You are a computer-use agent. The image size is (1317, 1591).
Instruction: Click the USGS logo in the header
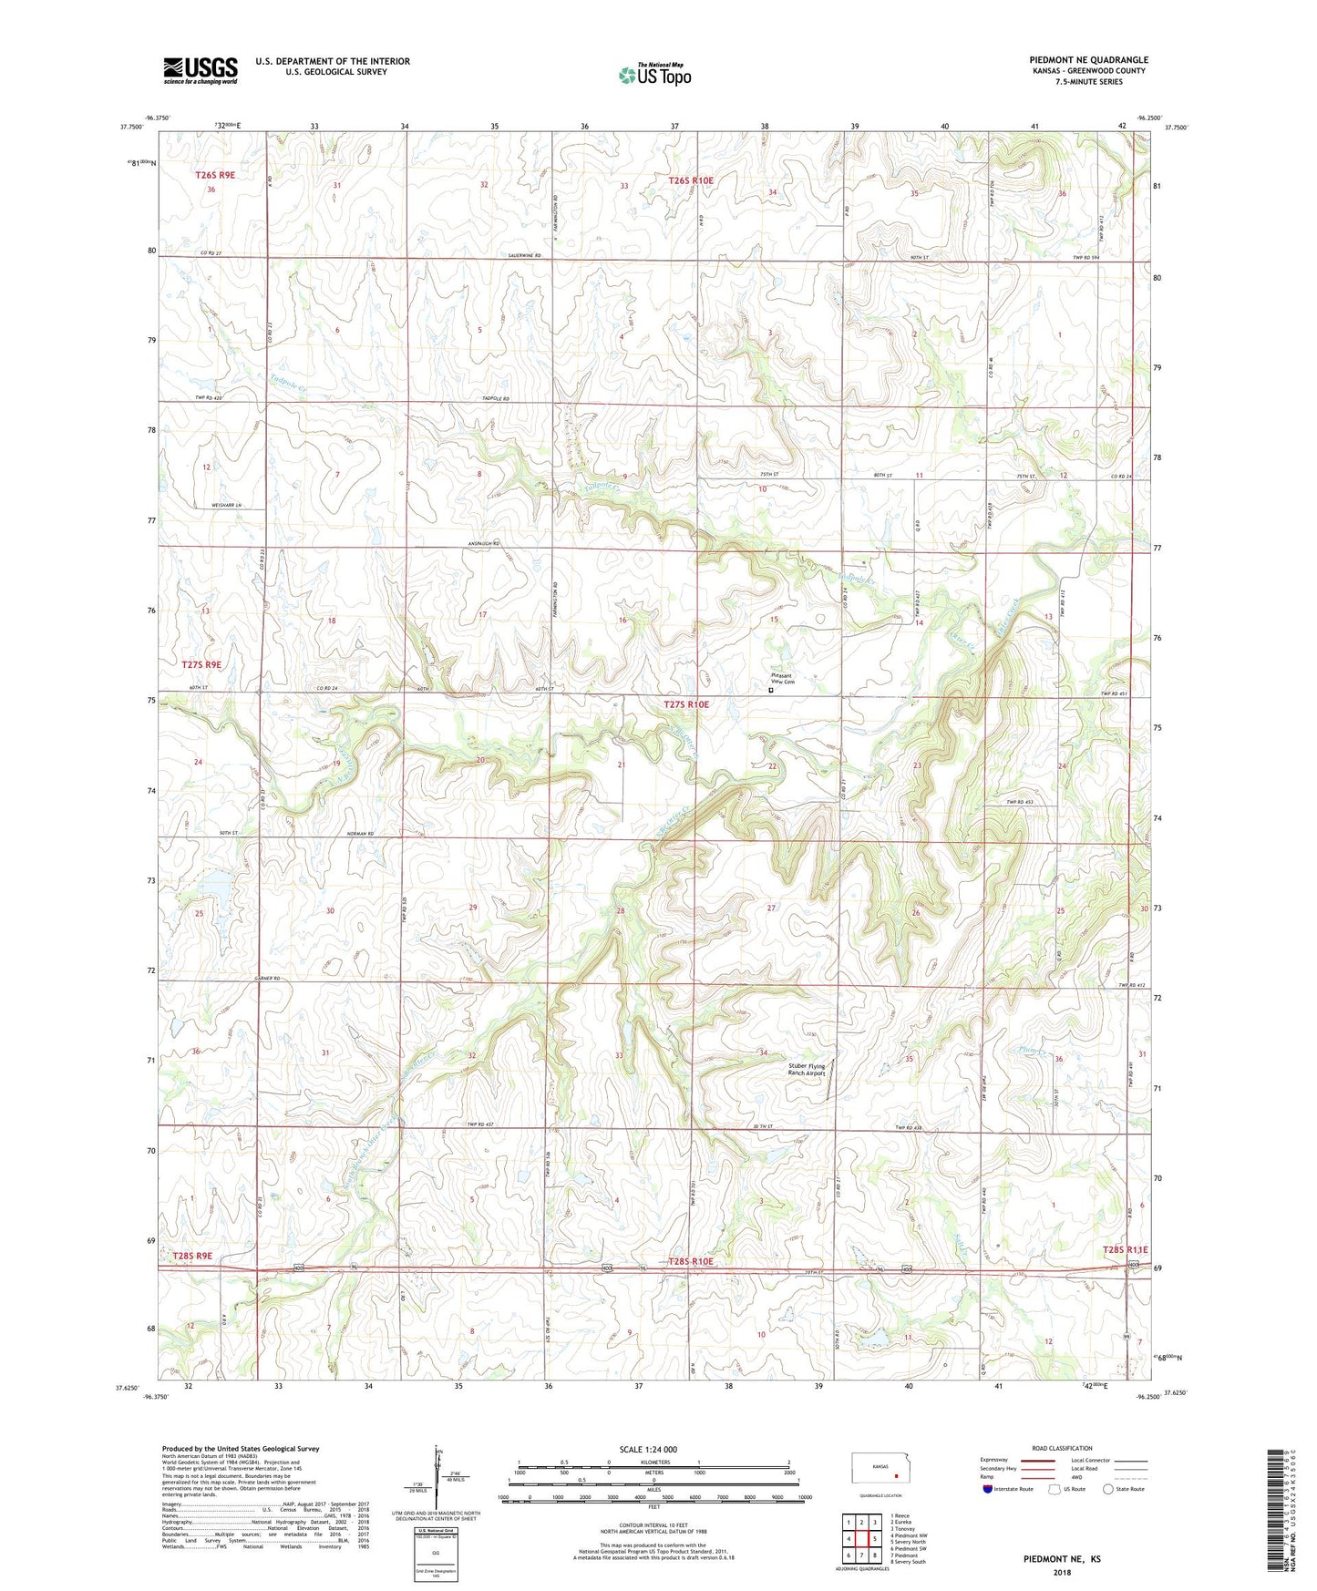coord(201,70)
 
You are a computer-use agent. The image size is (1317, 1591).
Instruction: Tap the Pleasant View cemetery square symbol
coord(771,691)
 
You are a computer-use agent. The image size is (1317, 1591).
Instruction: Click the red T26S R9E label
coord(215,174)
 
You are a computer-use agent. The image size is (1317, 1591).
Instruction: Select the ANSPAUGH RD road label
coord(484,543)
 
